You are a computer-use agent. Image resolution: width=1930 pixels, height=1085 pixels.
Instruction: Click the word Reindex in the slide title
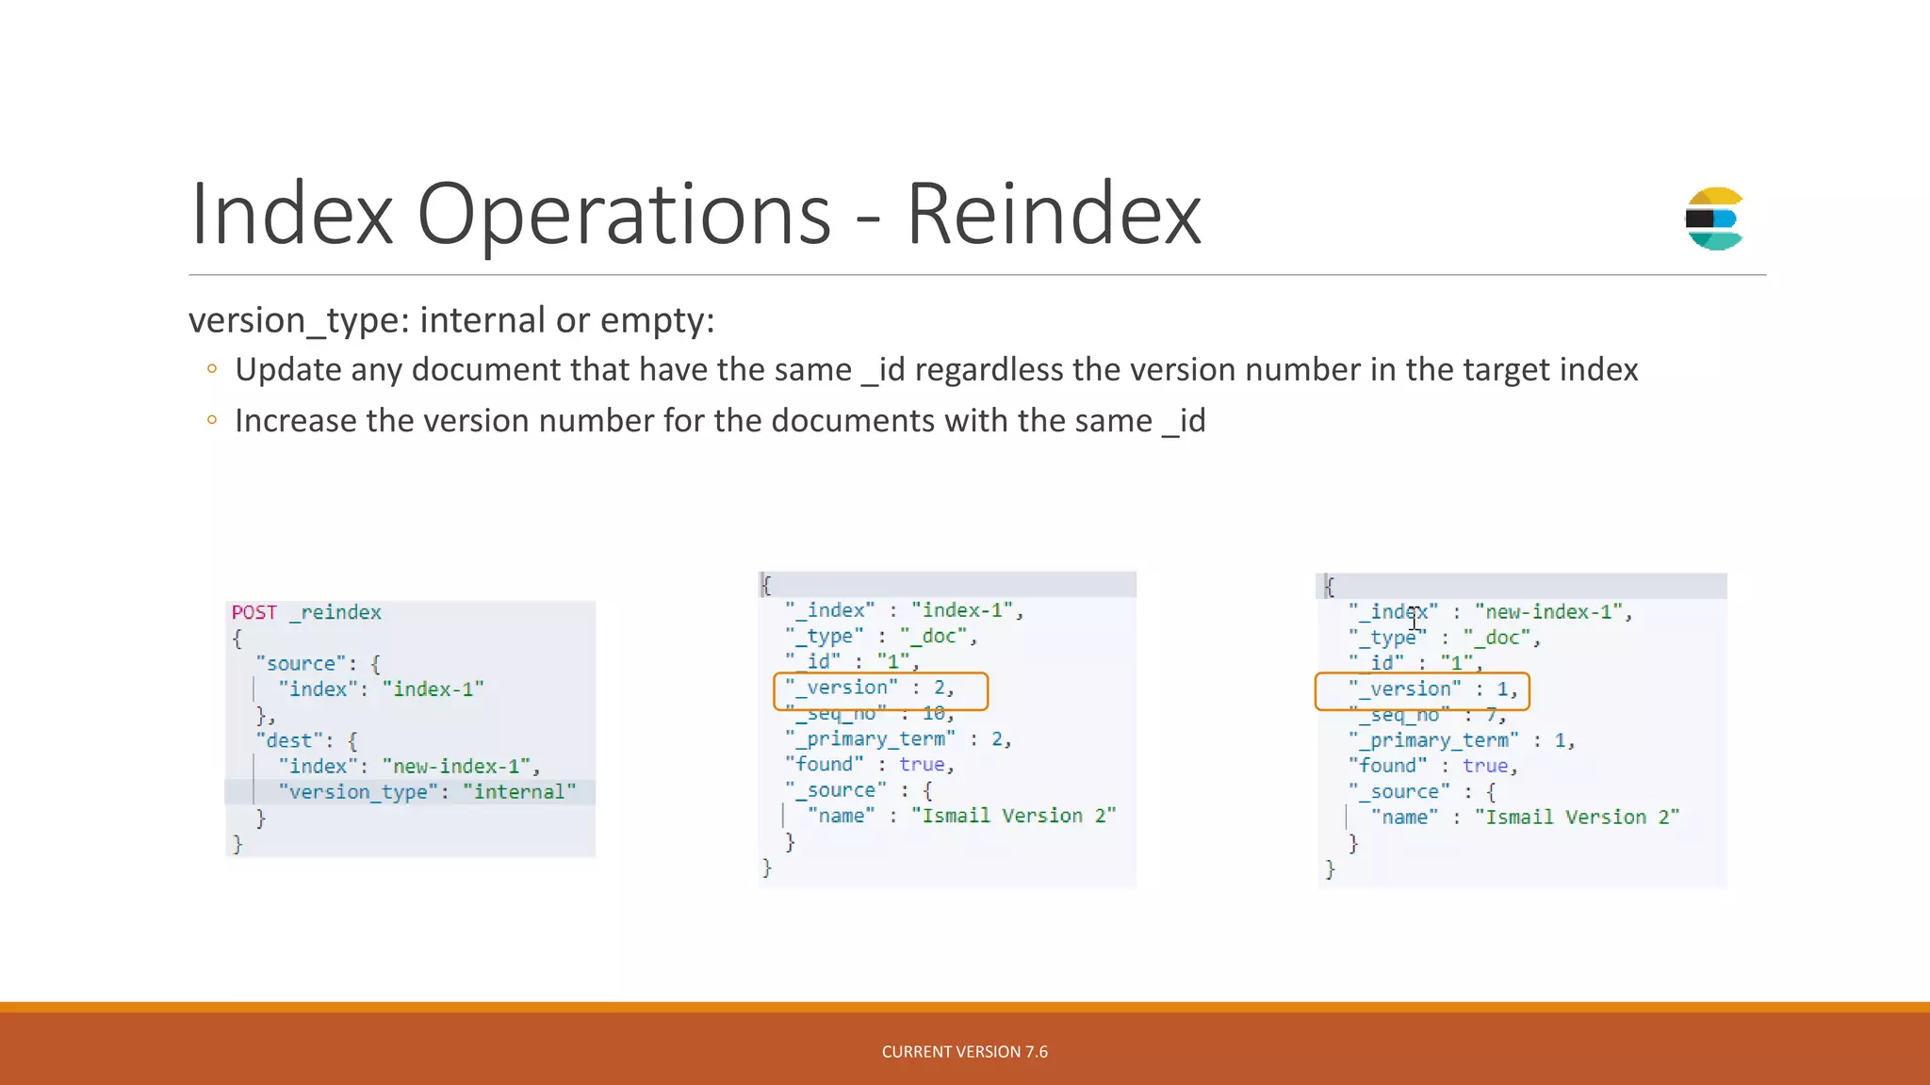[1053, 215]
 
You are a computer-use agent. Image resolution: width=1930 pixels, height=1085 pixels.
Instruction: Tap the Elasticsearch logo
[1714, 219]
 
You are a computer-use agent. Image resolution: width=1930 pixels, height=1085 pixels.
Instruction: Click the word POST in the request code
[254, 612]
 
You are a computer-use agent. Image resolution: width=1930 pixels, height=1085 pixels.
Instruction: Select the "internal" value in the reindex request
[519, 792]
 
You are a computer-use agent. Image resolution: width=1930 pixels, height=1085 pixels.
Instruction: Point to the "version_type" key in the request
[358, 792]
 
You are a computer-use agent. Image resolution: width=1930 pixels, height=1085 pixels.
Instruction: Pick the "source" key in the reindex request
[301, 664]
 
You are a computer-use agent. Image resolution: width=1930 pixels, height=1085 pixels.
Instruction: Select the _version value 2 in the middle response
[940, 688]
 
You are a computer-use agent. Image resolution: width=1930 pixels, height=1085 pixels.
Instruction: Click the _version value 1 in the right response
[1503, 689]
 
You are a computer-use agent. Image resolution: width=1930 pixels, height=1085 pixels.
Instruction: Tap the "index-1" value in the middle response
[961, 611]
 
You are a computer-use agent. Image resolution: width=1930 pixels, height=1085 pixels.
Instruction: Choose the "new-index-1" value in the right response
[1548, 612]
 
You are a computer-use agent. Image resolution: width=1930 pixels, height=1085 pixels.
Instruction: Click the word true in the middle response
[922, 765]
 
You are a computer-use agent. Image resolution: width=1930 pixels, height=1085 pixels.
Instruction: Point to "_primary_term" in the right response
[1433, 740]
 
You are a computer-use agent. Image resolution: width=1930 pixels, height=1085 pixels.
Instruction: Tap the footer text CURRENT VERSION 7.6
[964, 1052]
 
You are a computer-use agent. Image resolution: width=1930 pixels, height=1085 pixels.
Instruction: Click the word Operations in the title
[623, 215]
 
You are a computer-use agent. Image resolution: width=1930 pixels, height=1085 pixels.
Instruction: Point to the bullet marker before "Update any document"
[212, 369]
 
